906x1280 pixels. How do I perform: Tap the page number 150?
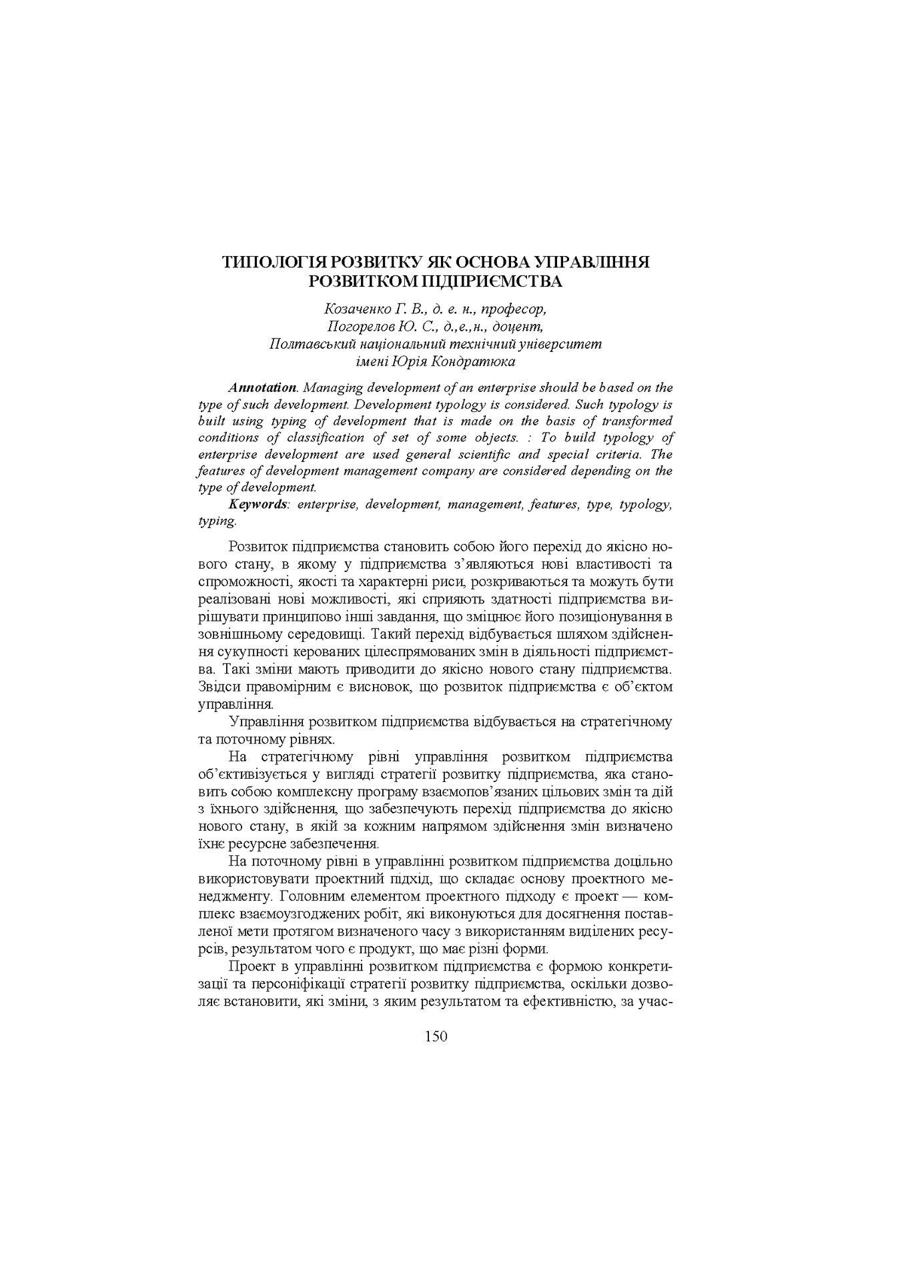pos(435,1036)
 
